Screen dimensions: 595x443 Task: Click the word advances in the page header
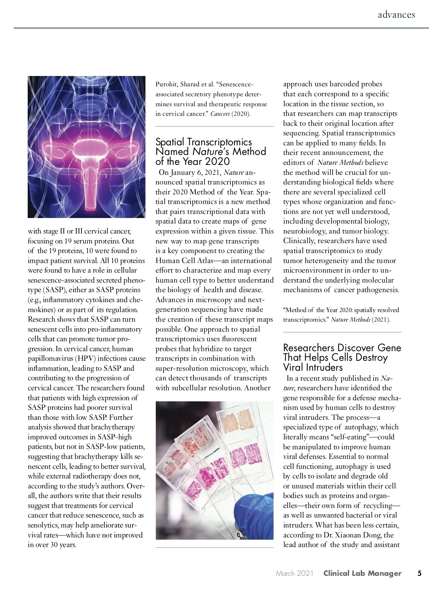point(396,15)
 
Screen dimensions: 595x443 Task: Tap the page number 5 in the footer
point(419,573)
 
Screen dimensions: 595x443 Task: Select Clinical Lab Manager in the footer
point(362,573)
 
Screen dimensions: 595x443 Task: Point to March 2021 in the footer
point(294,573)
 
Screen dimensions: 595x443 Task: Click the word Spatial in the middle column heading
point(170,142)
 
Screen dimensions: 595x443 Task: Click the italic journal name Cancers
point(220,114)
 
